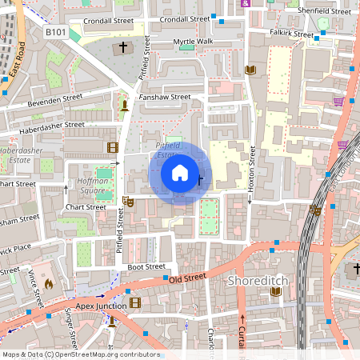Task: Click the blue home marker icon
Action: click(180, 171)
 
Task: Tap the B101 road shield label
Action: click(55, 31)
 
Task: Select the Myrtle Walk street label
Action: click(193, 41)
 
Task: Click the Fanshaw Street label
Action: click(164, 97)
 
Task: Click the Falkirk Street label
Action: click(291, 34)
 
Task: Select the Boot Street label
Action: click(146, 266)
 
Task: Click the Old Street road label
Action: click(188, 277)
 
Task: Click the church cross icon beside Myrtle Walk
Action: click(124, 49)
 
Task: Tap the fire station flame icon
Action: click(48, 283)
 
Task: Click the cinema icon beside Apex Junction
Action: click(134, 302)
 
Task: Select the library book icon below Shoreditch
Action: click(276, 292)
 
